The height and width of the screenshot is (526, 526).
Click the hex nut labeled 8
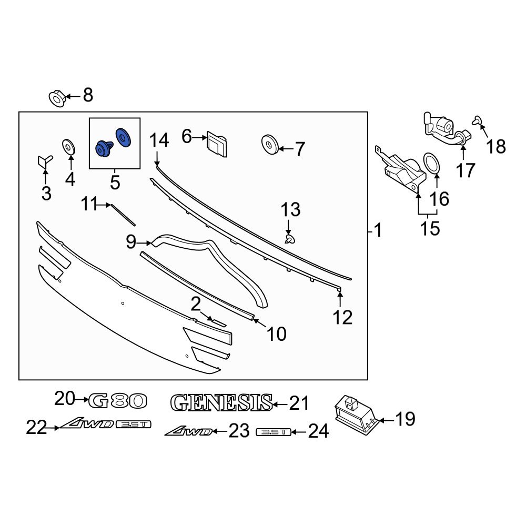[x=57, y=98]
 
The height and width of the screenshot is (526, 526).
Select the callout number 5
[x=115, y=183]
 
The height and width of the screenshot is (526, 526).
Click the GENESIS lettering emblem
[x=221, y=403]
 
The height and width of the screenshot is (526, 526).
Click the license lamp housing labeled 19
[x=355, y=413]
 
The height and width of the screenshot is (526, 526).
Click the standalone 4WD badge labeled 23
[x=189, y=431]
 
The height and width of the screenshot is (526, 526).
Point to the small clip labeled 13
[x=289, y=240]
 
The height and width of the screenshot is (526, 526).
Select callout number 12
[x=342, y=317]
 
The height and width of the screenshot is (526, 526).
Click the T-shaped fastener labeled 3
[x=44, y=162]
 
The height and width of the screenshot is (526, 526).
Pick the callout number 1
[x=378, y=230]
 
